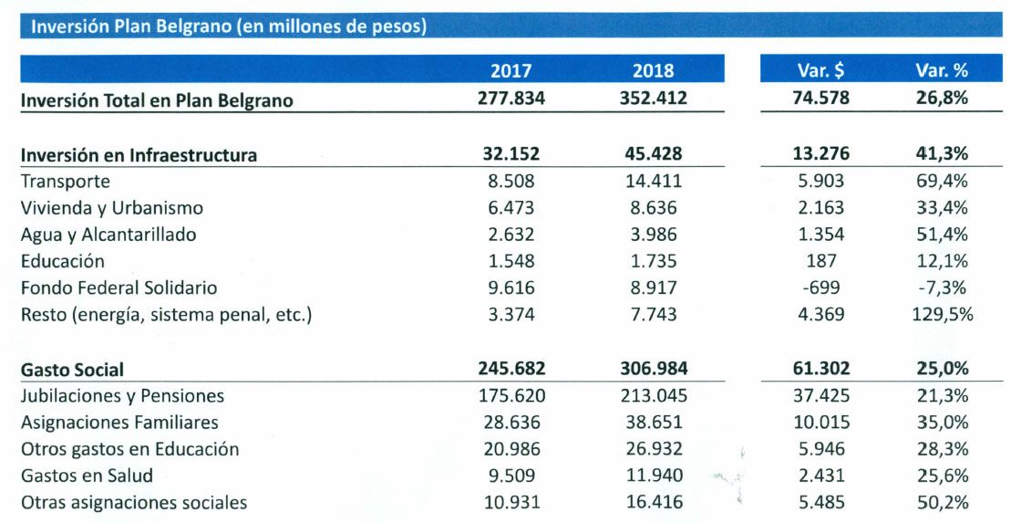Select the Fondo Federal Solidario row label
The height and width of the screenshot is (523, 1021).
tap(119, 288)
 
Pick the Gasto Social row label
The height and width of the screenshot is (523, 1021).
tap(72, 370)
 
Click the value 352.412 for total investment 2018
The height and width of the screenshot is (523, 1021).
tap(653, 99)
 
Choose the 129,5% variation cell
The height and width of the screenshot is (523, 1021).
tap(942, 315)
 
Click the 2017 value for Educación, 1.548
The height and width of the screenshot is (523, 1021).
tap(510, 261)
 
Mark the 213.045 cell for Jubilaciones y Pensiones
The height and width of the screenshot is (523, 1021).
tap(653, 396)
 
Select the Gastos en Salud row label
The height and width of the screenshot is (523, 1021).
tap(87, 476)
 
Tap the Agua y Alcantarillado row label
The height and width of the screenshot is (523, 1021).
tap(108, 235)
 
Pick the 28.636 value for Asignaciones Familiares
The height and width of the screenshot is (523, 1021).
tap(510, 423)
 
